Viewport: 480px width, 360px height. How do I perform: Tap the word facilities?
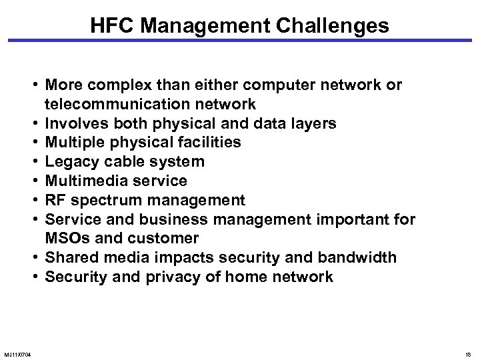pyautogui.click(x=206, y=143)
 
